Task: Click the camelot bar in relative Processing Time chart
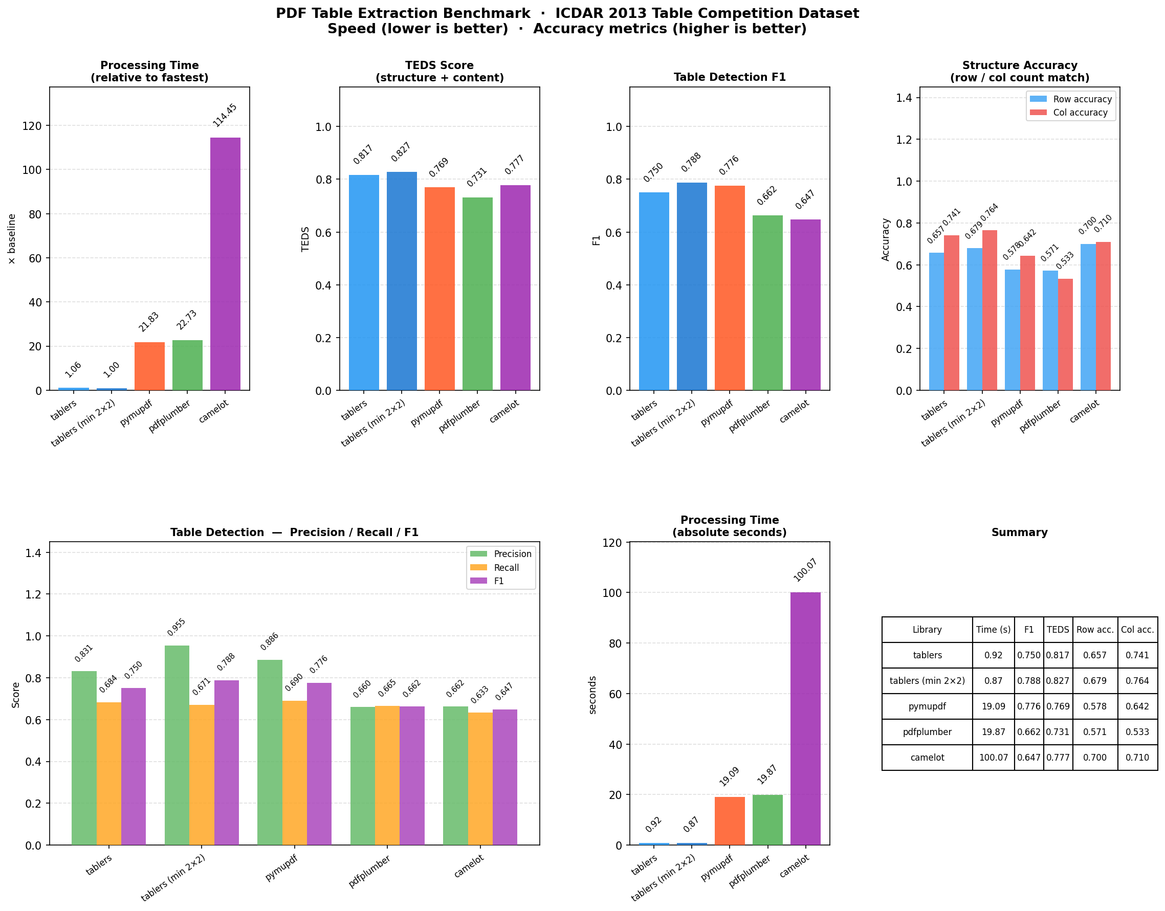point(225,264)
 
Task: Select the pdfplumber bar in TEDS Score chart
point(477,294)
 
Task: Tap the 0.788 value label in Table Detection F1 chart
point(691,162)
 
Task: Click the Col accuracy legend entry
point(1080,113)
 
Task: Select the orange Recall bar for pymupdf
point(295,773)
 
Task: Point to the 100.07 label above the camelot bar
point(805,570)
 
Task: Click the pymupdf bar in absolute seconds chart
point(729,821)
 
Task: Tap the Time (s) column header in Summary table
point(993,629)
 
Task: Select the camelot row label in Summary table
point(927,758)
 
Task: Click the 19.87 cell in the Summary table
point(993,732)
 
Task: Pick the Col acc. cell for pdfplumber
point(1137,732)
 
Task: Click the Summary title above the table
point(1019,532)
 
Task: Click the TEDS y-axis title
point(305,239)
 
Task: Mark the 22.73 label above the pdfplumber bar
point(187,320)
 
